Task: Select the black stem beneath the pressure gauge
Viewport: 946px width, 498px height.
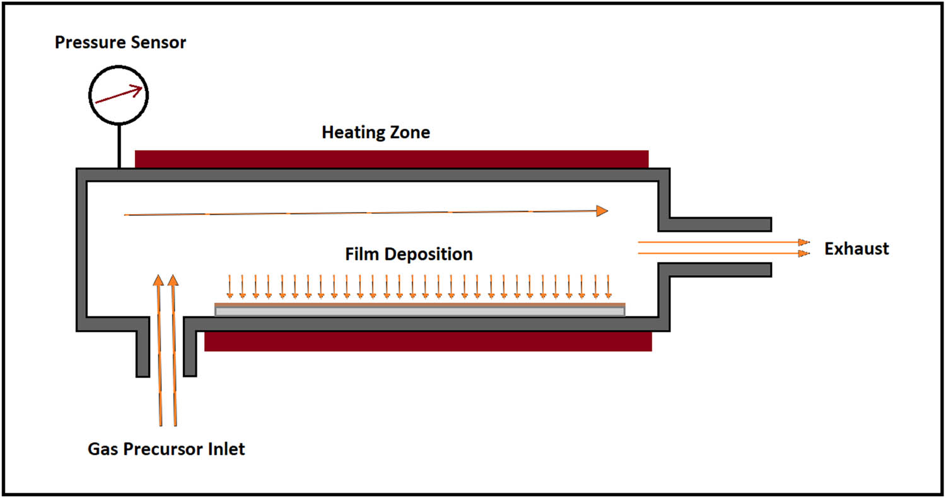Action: [118, 145]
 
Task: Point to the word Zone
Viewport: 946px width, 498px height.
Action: [409, 133]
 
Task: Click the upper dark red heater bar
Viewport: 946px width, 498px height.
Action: [391, 159]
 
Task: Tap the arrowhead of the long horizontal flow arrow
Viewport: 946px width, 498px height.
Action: [602, 211]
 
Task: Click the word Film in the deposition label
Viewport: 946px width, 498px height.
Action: [362, 254]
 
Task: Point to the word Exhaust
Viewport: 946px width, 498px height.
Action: [856, 249]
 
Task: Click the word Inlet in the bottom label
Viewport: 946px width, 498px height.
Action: [225, 450]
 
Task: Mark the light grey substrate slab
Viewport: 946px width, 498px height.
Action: [419, 311]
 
